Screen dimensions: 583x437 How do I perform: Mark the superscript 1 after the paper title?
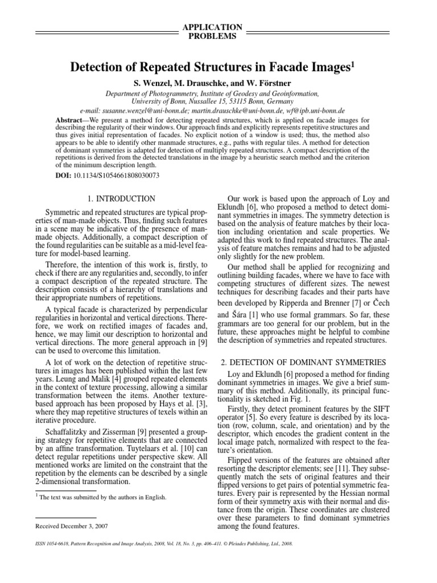pos(352,65)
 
